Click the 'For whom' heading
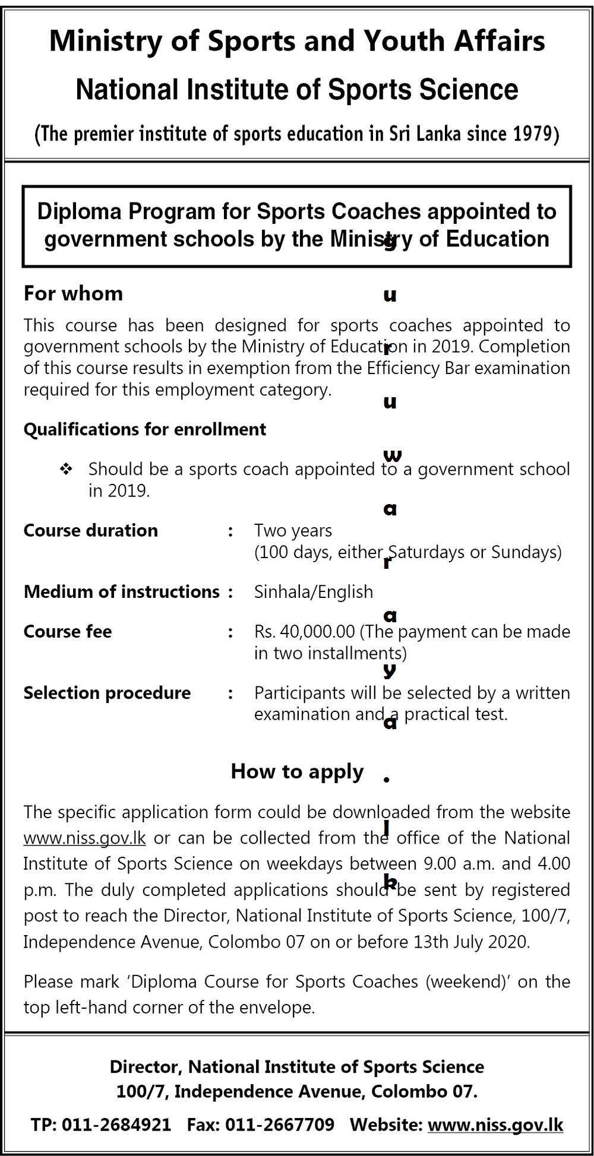73,293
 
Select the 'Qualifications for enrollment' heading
144,429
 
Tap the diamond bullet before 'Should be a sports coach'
66,470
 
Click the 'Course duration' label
90,530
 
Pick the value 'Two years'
293,530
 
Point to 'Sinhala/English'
314,591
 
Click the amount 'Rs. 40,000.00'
304,631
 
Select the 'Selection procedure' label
107,693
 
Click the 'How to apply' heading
297,771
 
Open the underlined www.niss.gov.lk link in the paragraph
84,838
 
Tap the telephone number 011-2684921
116,1125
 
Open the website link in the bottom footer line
495,1125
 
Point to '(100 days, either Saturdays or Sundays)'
407,552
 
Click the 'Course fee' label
67,631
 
